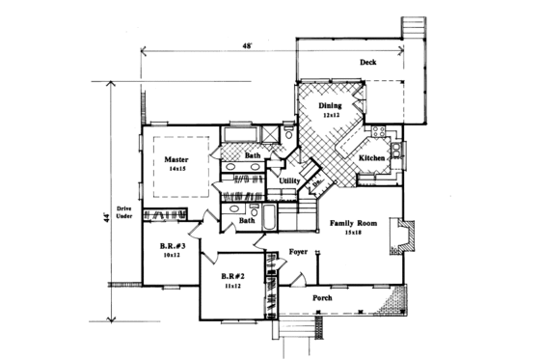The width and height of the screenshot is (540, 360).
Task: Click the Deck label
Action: tap(367, 64)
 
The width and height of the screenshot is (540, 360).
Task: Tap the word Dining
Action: tap(331, 106)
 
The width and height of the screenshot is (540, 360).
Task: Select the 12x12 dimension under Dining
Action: tap(331, 116)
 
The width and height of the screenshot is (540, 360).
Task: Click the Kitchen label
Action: tap(373, 157)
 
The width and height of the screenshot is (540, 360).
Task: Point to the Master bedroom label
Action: tap(175, 158)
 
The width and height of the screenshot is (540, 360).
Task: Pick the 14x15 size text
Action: tap(175, 169)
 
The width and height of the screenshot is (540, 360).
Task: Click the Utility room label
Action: tap(290, 181)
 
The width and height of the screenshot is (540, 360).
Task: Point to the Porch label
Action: tap(323, 298)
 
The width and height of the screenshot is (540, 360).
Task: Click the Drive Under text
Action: tap(123, 214)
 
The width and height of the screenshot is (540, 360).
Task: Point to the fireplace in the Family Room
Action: tap(402, 236)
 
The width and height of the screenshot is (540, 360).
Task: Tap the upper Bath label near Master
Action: tap(252, 155)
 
